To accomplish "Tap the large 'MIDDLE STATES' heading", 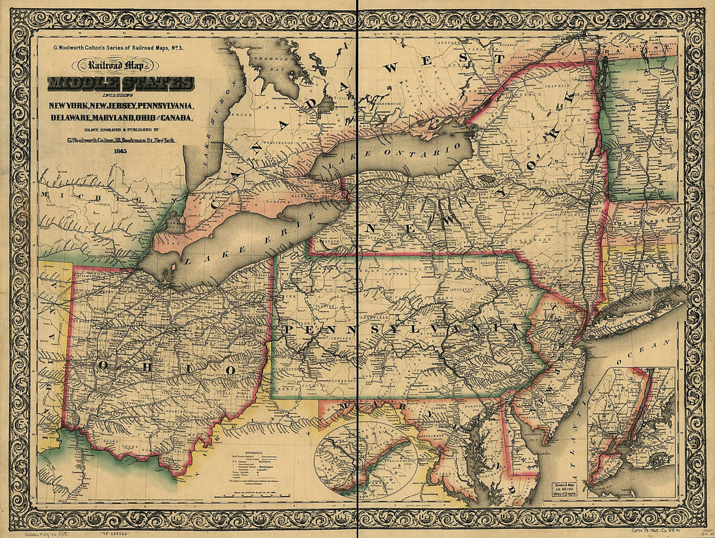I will [120, 84].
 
